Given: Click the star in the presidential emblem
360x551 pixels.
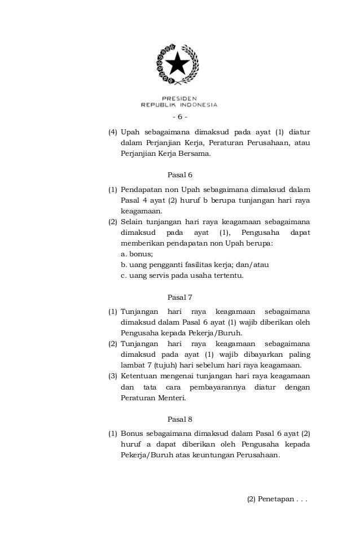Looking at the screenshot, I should pyautogui.click(x=180, y=63).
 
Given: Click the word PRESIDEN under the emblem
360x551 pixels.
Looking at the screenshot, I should pyautogui.click(x=180, y=97).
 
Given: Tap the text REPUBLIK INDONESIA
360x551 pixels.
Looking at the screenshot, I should pyautogui.click(x=179, y=104).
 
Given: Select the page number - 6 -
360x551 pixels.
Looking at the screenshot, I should pyautogui.click(x=179, y=117).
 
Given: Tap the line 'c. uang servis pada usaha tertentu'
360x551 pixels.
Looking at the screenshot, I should pyautogui.click(x=182, y=275).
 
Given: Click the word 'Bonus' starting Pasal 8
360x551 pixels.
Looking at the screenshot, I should pyautogui.click(x=131, y=433).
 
